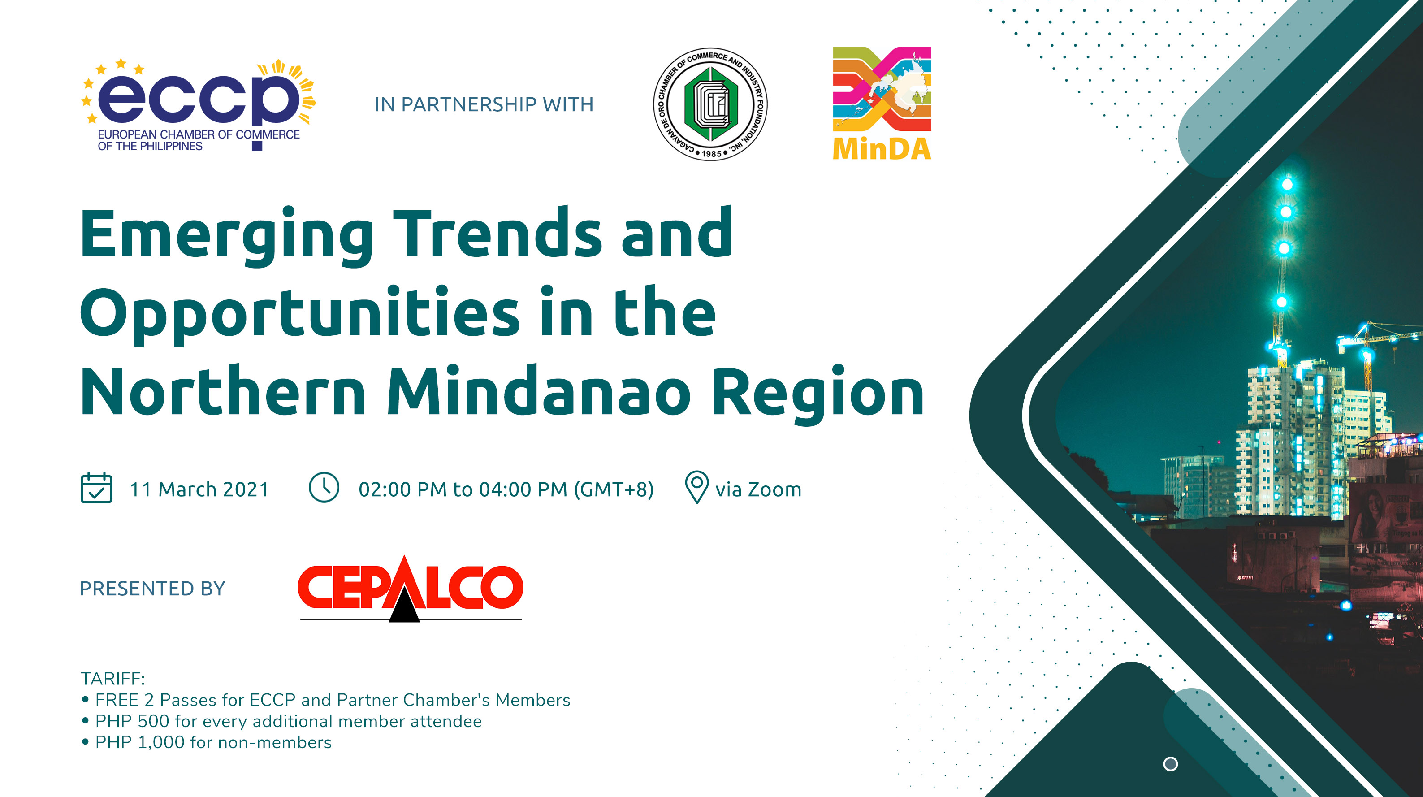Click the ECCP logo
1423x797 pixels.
point(199,105)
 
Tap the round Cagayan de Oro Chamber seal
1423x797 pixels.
point(710,104)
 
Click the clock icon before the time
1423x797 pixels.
point(324,487)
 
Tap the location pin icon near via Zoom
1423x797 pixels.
point(696,487)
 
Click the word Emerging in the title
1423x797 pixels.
point(226,235)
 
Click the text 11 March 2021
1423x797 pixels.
point(199,489)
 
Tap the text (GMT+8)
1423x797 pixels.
point(614,489)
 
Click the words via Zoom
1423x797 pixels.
point(758,489)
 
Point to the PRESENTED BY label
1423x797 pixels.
point(152,588)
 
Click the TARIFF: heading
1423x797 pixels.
point(112,678)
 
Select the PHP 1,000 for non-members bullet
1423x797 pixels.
point(213,742)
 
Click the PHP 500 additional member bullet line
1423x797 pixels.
point(288,721)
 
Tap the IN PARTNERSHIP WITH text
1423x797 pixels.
point(484,104)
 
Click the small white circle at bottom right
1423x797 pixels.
point(1170,764)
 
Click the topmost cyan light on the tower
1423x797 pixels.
point(1287,183)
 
